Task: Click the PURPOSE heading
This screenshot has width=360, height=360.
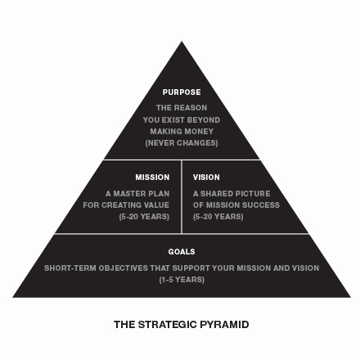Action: click(182, 92)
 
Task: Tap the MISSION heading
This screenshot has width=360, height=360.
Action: click(152, 178)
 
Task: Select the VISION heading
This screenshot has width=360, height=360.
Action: click(206, 178)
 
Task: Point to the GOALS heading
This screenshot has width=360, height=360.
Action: click(182, 251)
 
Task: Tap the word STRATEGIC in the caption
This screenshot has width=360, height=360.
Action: click(167, 325)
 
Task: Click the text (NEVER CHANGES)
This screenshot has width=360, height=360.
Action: click(182, 143)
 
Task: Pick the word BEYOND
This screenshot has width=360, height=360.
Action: click(204, 120)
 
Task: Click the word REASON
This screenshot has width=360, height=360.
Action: click(191, 108)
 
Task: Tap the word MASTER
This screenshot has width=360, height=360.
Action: click(129, 194)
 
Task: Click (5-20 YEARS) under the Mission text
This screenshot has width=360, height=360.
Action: click(144, 217)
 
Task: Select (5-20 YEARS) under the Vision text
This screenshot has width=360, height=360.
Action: click(218, 217)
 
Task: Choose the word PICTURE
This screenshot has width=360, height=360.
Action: click(253, 194)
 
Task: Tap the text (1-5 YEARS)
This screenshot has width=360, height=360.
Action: click(182, 280)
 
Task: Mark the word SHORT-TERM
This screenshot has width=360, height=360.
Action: click(70, 268)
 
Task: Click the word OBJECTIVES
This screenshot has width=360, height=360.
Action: click(124, 268)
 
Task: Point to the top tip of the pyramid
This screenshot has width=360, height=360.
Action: click(182, 42)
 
